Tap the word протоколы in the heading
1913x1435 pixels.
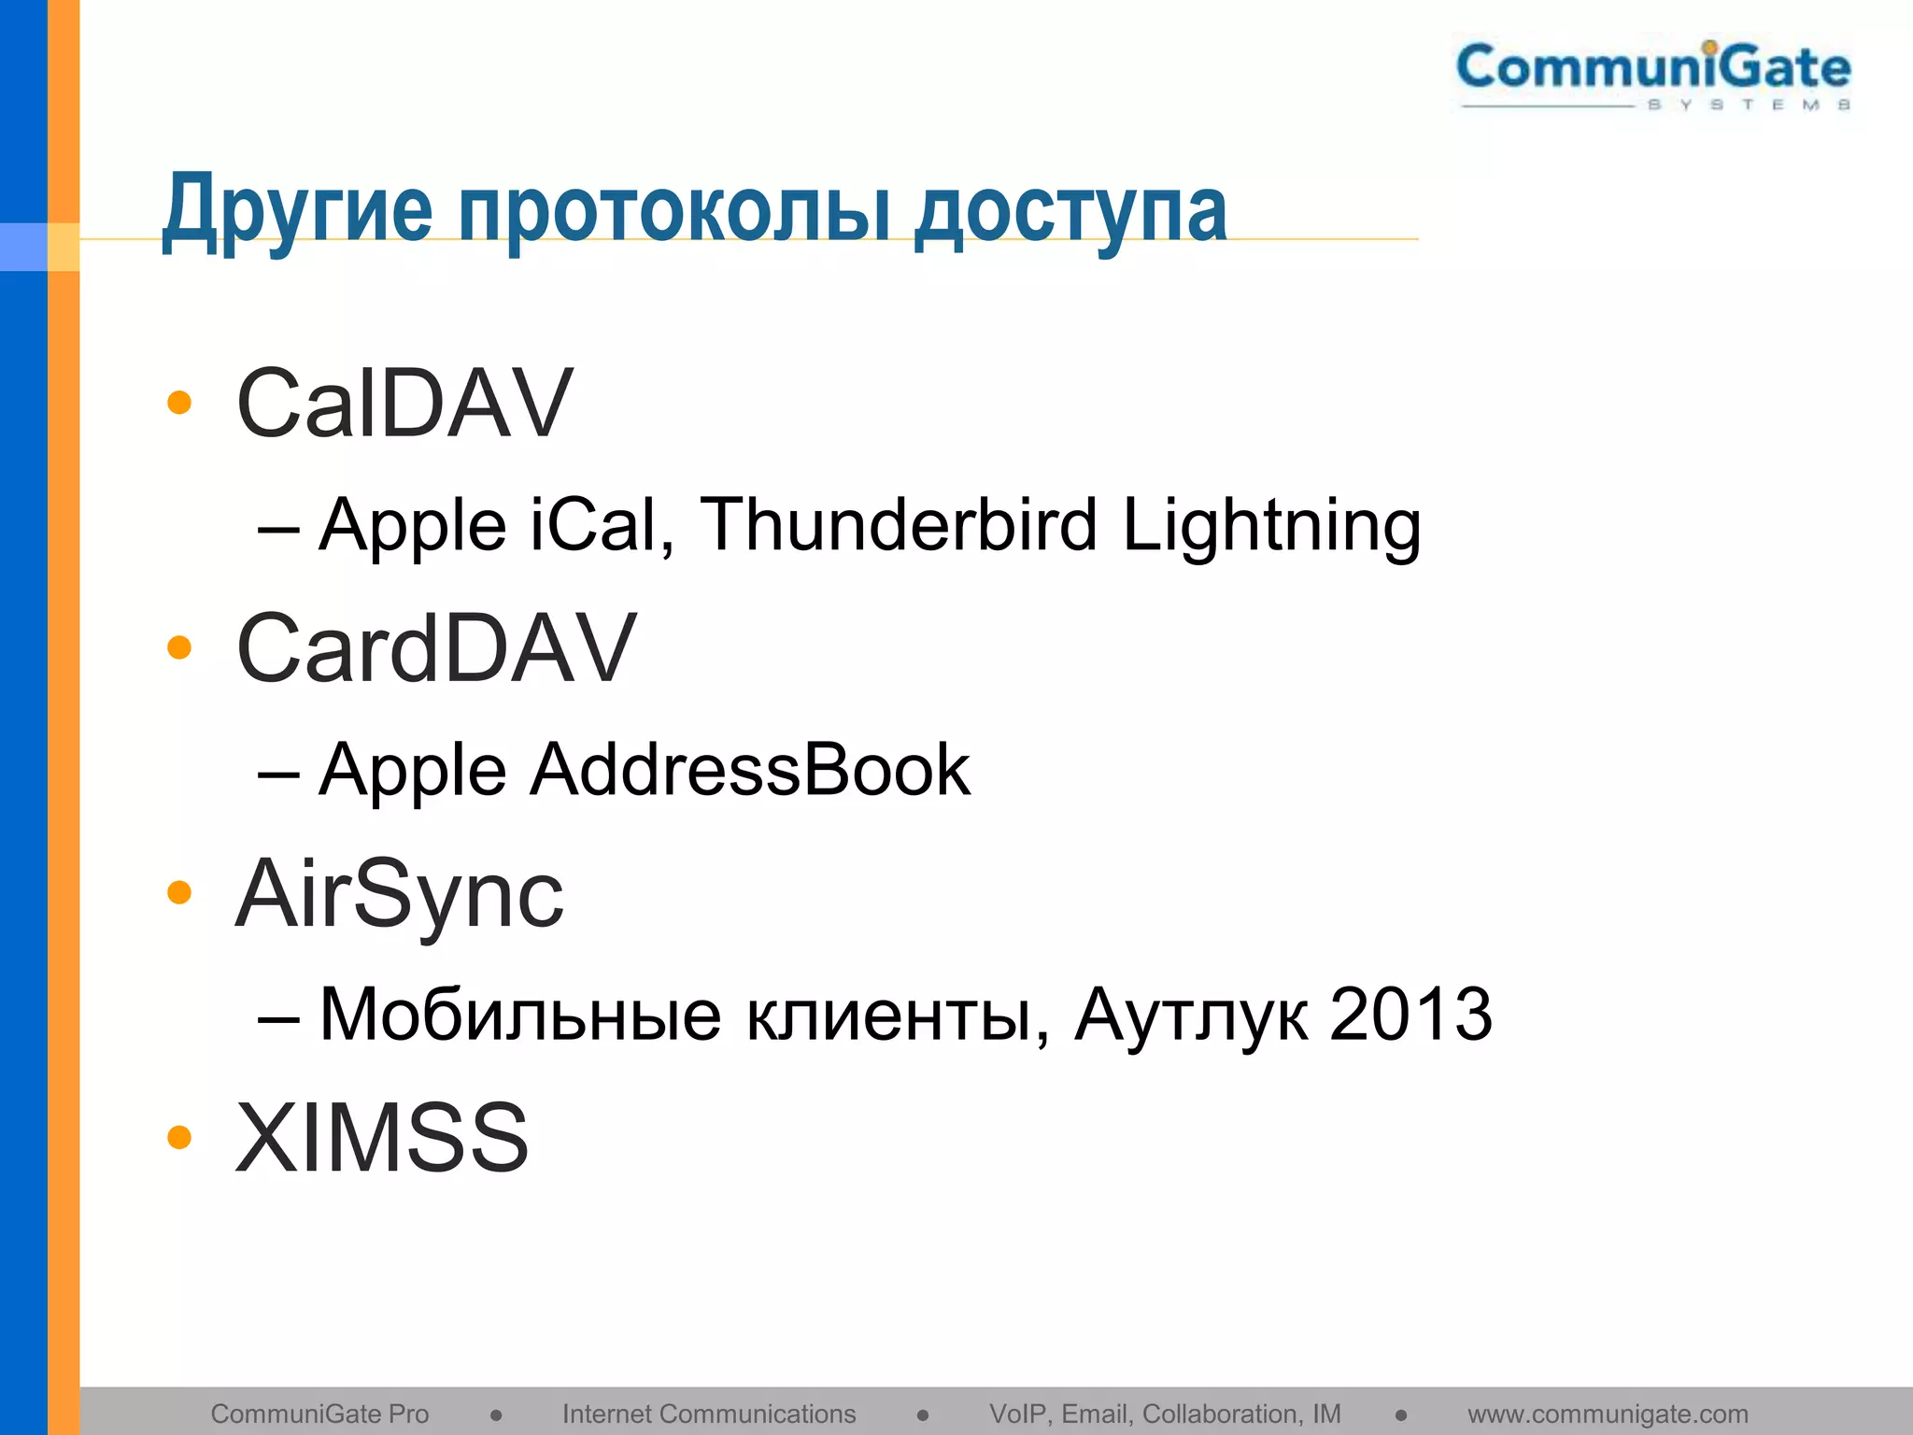(x=673, y=213)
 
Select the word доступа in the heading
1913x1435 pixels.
(x=1070, y=213)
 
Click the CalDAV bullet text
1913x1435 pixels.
(x=404, y=404)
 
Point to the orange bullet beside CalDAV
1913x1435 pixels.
(x=178, y=403)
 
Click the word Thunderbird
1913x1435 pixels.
(x=898, y=525)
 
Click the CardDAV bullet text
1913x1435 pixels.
(x=436, y=648)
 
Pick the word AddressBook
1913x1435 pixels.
(x=750, y=770)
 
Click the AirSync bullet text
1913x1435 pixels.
(x=399, y=895)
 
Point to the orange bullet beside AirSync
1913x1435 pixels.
(x=178, y=892)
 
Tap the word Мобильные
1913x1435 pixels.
(x=520, y=1015)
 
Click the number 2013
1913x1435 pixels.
(x=1410, y=1015)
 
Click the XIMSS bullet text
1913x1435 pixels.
(x=382, y=1138)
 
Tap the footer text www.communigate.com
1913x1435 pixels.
(x=1608, y=1414)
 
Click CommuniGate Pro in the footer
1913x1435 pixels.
(x=319, y=1414)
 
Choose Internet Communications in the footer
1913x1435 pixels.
(x=709, y=1414)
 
